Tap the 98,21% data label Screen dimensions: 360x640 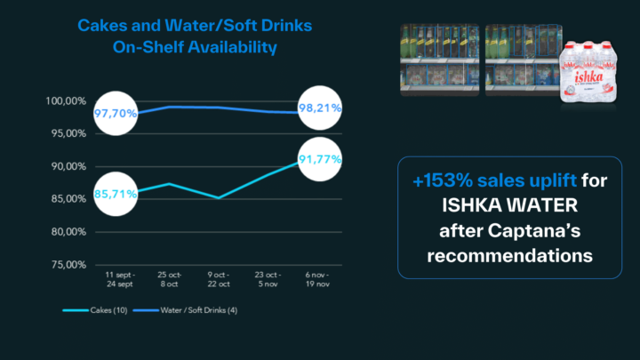pyautogui.click(x=321, y=108)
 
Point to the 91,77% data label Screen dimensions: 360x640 pyautogui.click(x=321, y=159)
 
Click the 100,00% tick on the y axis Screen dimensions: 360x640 pyautogui.click(x=65, y=101)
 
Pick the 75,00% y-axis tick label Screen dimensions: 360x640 pyautogui.click(x=67, y=265)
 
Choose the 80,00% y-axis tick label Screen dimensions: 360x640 pyautogui.click(x=67, y=232)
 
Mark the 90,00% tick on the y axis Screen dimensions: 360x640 pyautogui.click(x=67, y=166)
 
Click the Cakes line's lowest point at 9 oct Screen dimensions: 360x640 pyautogui.click(x=218, y=197)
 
